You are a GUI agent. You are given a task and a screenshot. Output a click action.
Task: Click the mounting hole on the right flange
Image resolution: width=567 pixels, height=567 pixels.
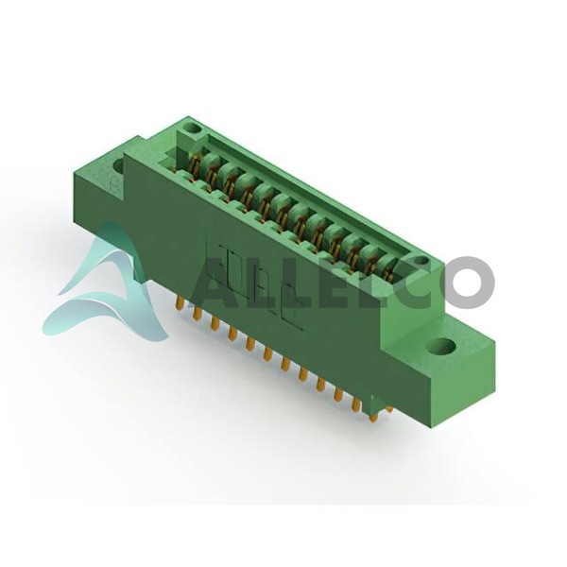pos(442,347)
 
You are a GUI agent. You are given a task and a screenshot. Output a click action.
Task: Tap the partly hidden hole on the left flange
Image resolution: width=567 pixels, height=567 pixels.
pos(118,165)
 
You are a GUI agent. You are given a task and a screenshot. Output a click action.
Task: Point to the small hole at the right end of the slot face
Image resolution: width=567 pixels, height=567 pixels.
pos(421,261)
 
